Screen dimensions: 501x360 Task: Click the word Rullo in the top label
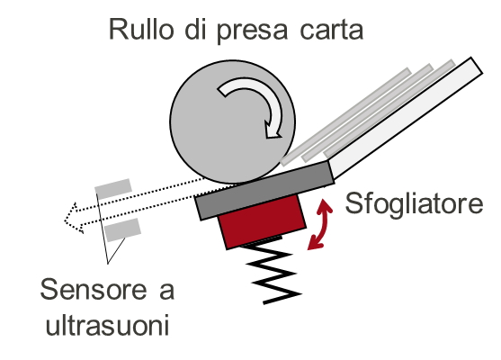(x=141, y=29)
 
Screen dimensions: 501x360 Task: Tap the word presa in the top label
(x=252, y=31)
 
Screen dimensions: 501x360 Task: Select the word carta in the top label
(x=332, y=31)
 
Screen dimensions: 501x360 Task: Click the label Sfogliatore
(x=414, y=203)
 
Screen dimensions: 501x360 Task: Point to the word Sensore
(x=93, y=289)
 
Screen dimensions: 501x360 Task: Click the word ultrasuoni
(x=107, y=324)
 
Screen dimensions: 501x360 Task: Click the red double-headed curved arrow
(x=320, y=224)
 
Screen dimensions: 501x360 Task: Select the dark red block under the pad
(x=262, y=221)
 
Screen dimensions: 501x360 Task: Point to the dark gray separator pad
(x=264, y=191)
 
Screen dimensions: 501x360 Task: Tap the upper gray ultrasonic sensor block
(x=113, y=189)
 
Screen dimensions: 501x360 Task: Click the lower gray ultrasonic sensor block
(x=122, y=229)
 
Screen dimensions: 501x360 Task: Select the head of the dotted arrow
(x=74, y=218)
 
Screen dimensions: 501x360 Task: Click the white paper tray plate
(x=403, y=118)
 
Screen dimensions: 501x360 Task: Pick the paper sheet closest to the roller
(x=345, y=117)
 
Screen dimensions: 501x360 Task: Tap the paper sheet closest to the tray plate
(x=389, y=109)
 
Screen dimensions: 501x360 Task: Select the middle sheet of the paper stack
(x=368, y=112)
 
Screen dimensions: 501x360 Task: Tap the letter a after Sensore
(x=166, y=292)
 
